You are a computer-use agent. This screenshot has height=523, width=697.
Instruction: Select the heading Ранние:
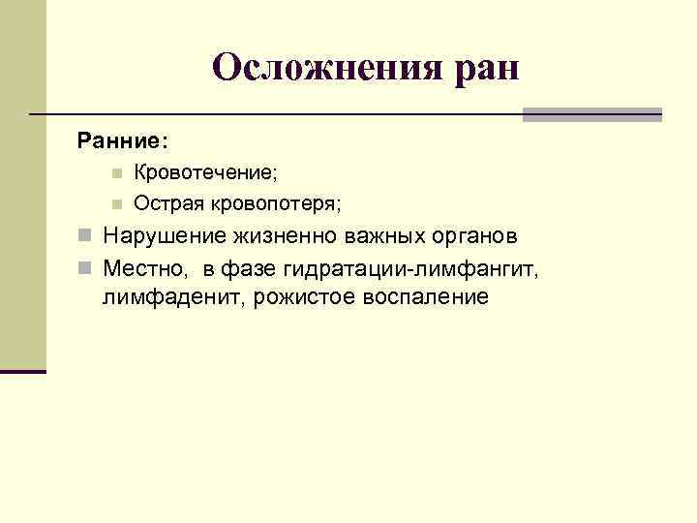point(122,141)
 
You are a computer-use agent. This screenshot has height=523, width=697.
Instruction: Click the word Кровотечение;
point(205,172)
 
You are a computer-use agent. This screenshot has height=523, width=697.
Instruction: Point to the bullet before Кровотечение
point(115,173)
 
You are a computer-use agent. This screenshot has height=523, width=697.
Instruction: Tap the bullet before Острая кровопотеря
point(115,204)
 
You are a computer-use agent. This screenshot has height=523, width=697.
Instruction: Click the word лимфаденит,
point(174,296)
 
